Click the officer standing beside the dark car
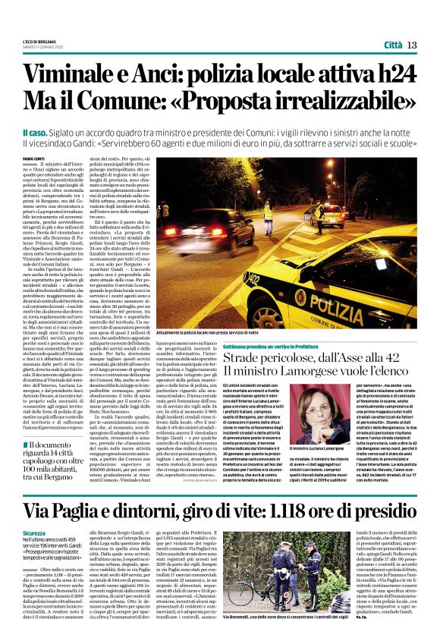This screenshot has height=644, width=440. point(320,213)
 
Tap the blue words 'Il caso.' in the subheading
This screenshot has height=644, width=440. point(36,132)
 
